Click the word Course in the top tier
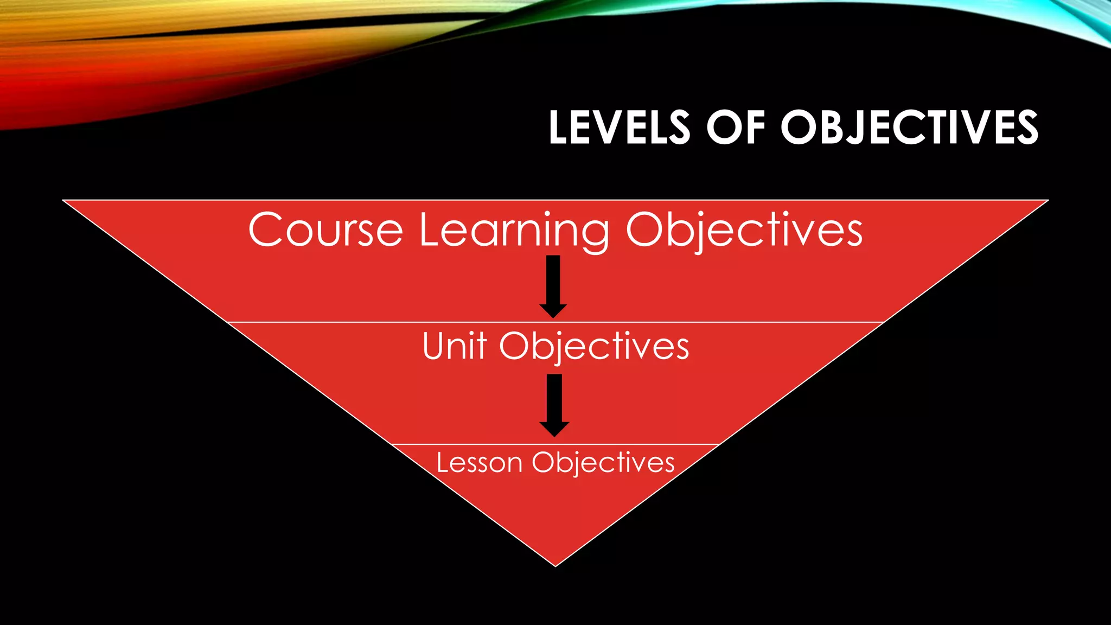[x=325, y=230]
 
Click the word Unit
[x=454, y=346]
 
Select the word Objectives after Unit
[x=594, y=347]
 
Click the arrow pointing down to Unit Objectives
[x=553, y=285]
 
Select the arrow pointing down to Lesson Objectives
[x=554, y=405]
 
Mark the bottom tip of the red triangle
[x=555, y=566]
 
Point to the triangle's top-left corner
[x=64, y=201]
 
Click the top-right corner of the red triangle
[x=1047, y=201]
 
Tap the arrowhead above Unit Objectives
[x=553, y=310]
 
